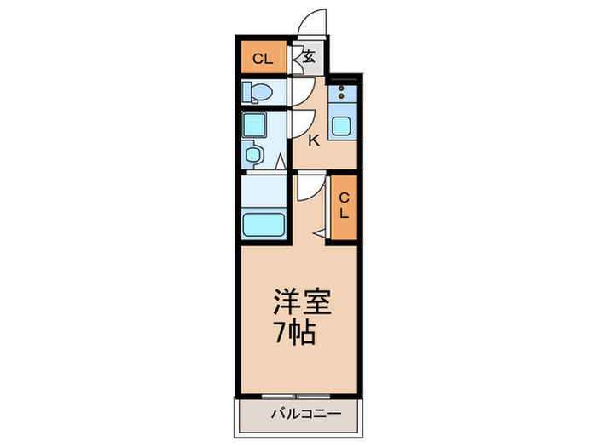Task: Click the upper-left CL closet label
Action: (263, 60)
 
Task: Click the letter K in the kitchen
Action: (314, 141)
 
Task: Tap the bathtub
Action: (264, 226)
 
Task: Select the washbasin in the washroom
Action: (254, 154)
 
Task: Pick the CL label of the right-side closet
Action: (345, 205)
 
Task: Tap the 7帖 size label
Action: (295, 331)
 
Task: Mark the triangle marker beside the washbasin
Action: (279, 159)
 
